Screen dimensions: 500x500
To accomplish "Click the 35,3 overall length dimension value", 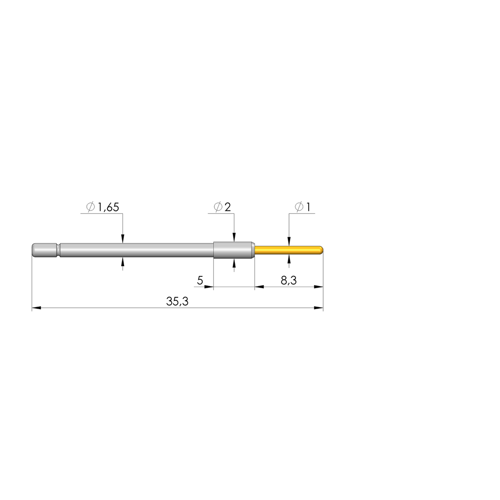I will pyautogui.click(x=177, y=302).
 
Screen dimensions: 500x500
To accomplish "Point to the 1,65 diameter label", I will pyautogui.click(x=108, y=208).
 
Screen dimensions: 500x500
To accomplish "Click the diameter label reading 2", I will pyautogui.click(x=228, y=208).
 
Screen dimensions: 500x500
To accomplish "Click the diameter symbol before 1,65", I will pyautogui.click(x=91, y=208).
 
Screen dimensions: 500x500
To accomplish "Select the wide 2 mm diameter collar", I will pyautogui.click(x=233, y=250).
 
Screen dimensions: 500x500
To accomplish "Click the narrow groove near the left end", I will pyautogui.click(x=59, y=250).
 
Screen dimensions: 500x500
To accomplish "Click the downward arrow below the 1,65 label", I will pyautogui.click(x=123, y=239).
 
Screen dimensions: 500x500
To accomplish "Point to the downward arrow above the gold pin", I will pyautogui.click(x=289, y=241).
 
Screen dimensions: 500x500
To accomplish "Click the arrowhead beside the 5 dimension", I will pyautogui.click(x=209, y=287).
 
